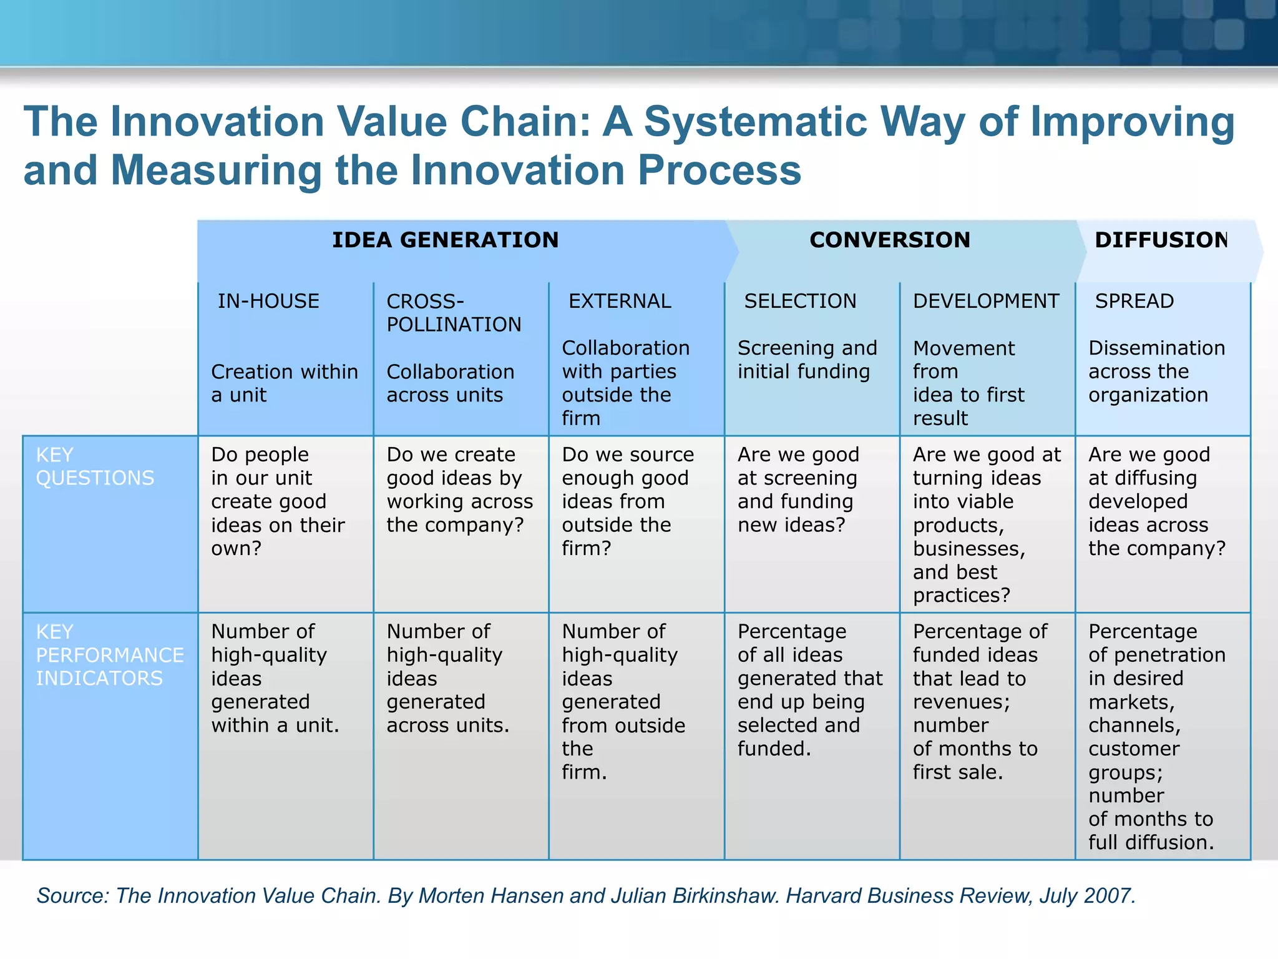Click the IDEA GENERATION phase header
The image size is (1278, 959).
point(445,240)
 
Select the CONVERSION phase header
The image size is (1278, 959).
point(889,240)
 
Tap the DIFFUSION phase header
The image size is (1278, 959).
point(1161,240)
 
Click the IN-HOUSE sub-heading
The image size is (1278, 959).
point(268,301)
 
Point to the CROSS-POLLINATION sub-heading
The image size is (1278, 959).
point(454,313)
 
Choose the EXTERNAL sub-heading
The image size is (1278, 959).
point(620,301)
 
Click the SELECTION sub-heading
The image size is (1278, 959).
point(800,301)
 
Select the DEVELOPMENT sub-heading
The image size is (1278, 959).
point(986,301)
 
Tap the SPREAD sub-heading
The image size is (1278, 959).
point(1134,301)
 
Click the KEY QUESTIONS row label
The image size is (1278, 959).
point(95,466)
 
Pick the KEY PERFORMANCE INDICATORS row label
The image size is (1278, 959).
point(109,654)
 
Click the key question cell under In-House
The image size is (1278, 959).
point(278,501)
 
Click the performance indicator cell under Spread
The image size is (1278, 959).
point(1156,737)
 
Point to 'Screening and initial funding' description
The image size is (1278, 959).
point(807,360)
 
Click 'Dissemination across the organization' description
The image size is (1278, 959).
point(1156,371)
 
